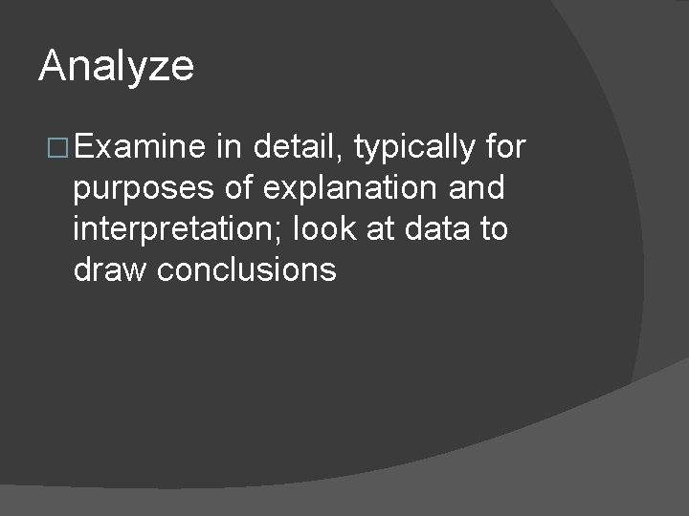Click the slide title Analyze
coord(116,67)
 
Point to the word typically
coord(414,149)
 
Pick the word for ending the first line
coord(506,147)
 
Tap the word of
coord(238,188)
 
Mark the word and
coord(476,188)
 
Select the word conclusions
coord(247,270)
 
